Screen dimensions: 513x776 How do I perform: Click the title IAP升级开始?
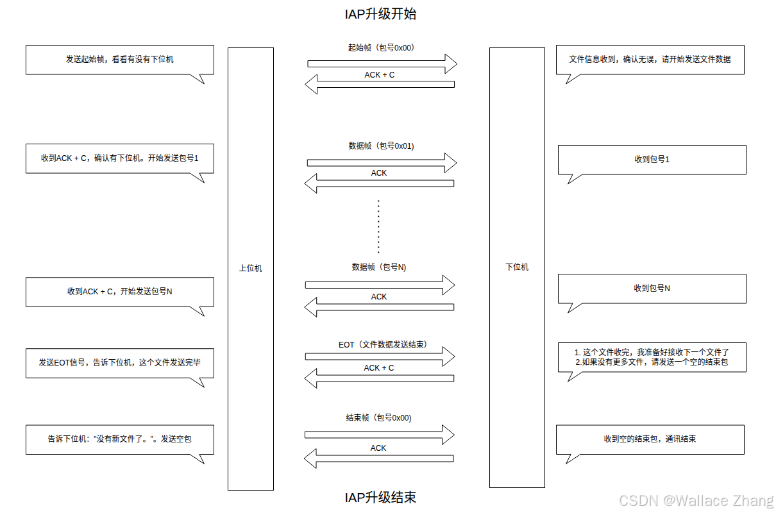[380, 13]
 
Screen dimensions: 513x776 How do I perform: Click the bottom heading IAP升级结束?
[380, 497]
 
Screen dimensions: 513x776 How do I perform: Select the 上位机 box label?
[250, 268]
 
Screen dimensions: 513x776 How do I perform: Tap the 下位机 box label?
[517, 267]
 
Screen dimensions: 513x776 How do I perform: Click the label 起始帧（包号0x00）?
[381, 47]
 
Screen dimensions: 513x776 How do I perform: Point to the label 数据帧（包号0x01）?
[381, 146]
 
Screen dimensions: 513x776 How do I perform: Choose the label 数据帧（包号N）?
[379, 267]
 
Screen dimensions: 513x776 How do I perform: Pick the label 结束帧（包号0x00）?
[378, 417]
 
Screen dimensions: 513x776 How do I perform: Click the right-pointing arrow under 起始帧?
[382, 63]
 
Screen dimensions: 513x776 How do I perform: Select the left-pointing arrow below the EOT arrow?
[379, 378]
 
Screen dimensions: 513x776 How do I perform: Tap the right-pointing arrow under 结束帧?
[379, 435]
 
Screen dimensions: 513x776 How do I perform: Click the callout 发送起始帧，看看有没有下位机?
[119, 59]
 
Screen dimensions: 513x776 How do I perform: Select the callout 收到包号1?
[652, 159]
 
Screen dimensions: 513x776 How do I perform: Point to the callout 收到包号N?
[652, 289]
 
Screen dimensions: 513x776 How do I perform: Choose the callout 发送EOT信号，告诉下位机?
[119, 362]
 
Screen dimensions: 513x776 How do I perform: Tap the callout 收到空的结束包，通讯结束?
[650, 439]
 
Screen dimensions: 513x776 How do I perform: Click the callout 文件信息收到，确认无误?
[650, 59]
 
